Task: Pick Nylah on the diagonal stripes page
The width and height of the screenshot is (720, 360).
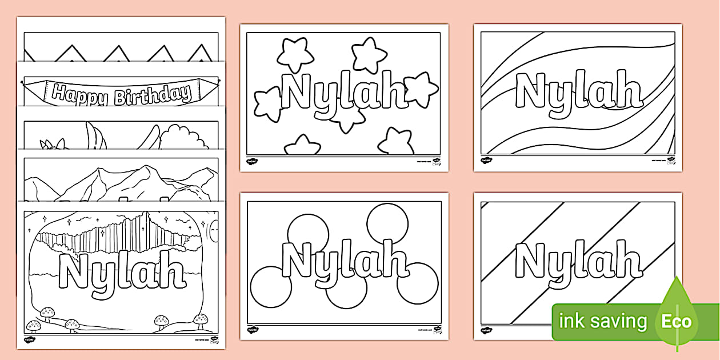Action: pyautogui.click(x=578, y=260)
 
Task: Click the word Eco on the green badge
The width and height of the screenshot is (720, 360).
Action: pyautogui.click(x=677, y=321)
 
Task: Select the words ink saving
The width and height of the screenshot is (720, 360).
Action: pyautogui.click(x=603, y=321)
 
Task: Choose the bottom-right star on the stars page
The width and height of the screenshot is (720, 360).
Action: pyautogui.click(x=395, y=141)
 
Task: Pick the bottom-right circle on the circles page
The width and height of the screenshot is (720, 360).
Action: pyautogui.click(x=418, y=284)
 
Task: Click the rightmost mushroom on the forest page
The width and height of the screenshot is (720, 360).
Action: pyautogui.click(x=201, y=319)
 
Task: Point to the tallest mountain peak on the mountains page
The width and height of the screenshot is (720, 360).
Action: pyautogui.click(x=150, y=170)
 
